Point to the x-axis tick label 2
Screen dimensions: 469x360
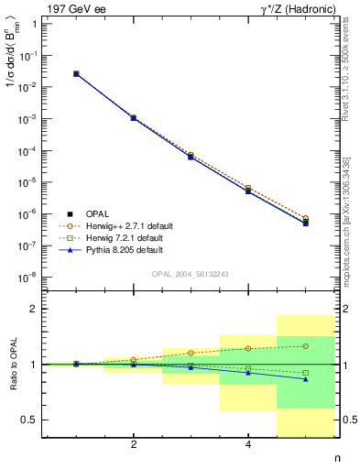tap(134, 445)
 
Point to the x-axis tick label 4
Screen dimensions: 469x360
tap(248, 445)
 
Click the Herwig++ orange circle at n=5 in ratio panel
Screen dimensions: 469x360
tap(305, 346)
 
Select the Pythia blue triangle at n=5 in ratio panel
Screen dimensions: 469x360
tap(305, 379)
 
